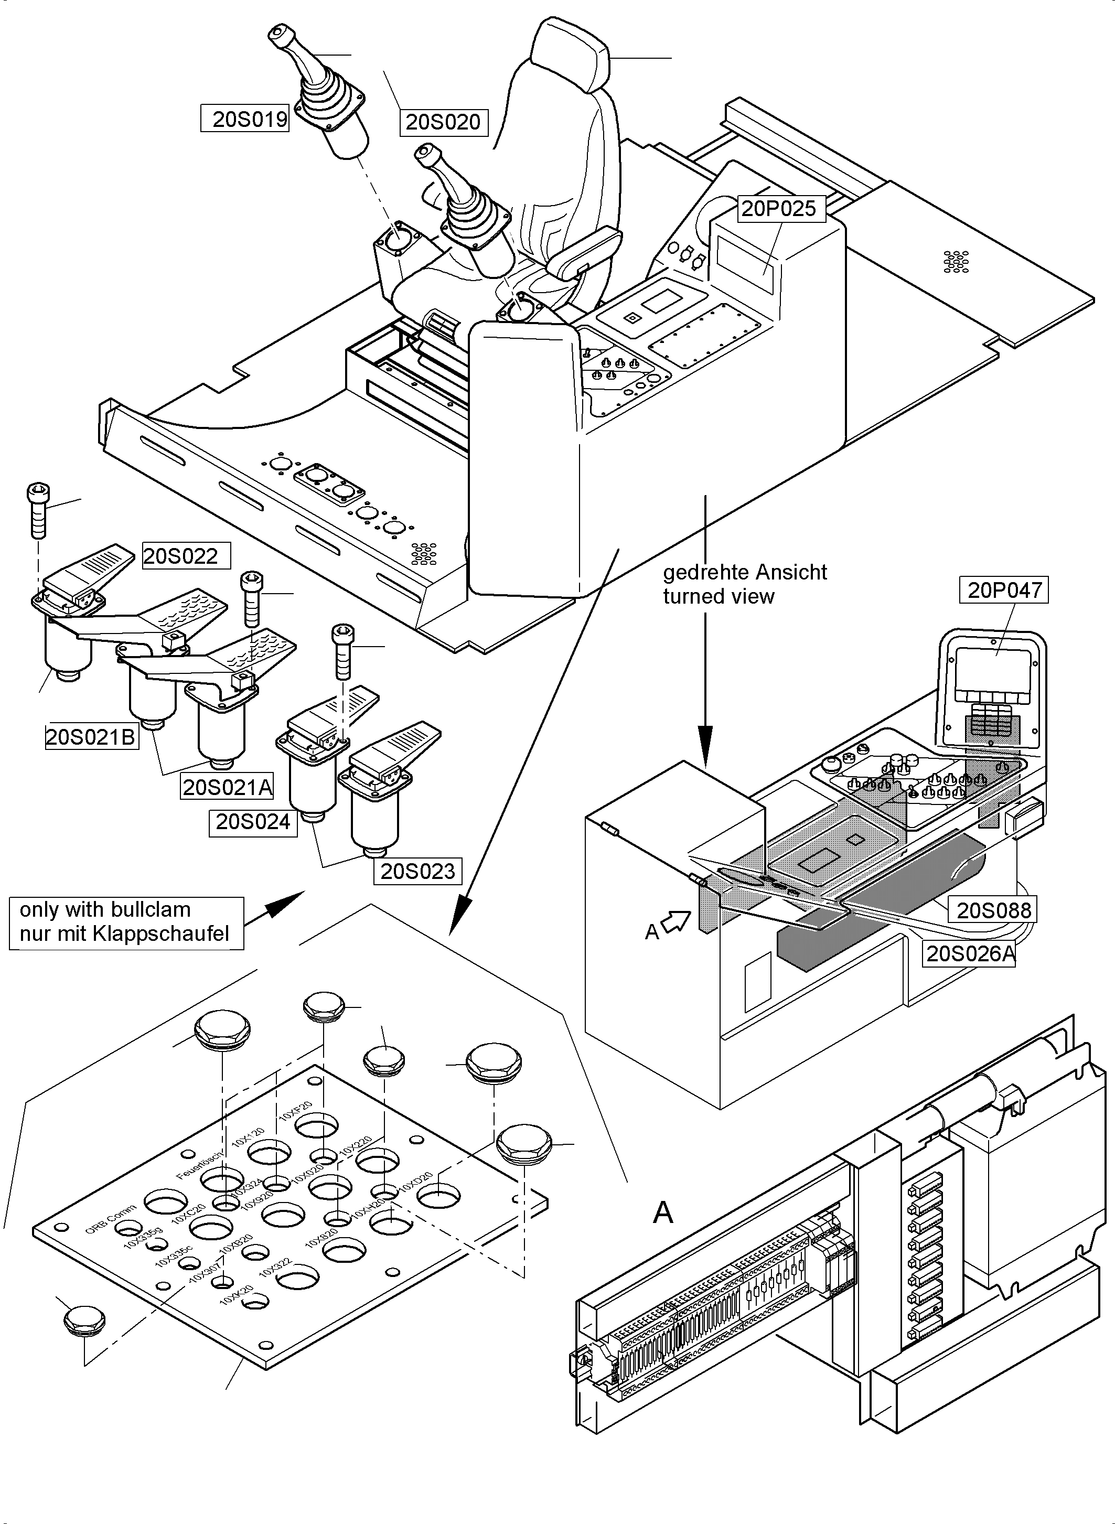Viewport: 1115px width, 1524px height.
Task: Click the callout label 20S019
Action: coord(245,119)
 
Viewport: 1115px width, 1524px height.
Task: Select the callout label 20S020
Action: coord(443,122)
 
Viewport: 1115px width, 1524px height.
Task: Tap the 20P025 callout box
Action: coord(778,209)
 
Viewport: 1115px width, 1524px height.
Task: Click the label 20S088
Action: coord(993,910)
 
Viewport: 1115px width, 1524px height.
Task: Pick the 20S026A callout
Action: coord(969,954)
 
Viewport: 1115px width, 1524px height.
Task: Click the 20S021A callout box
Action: coord(228,787)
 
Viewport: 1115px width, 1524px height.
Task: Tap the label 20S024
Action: coord(253,822)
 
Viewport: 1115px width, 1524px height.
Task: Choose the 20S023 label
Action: coord(418,871)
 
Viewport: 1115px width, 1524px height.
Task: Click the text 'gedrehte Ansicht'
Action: coord(744,572)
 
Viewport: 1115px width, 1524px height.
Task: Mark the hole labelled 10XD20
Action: coord(439,1197)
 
